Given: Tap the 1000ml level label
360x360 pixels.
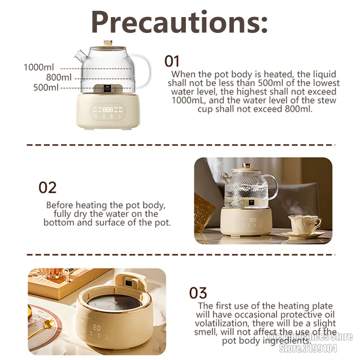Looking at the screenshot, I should coord(39,67).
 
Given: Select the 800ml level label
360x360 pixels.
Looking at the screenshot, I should coord(58,77).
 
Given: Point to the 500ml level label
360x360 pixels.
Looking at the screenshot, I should coord(46,87).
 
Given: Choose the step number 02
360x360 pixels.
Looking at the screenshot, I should coord(47,187).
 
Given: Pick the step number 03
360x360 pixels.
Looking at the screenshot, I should coord(198,293).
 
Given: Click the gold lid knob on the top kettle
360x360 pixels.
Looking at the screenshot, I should coord(108,43).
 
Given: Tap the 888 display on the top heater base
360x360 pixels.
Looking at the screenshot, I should coord(108,109).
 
